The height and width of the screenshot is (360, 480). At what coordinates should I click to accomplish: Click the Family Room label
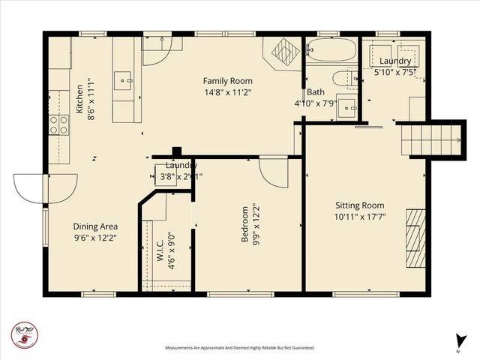[x=228, y=81]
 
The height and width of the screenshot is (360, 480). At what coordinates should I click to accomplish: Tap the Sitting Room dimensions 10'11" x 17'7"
[x=359, y=217]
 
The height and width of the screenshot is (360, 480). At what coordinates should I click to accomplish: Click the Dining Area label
[x=94, y=226]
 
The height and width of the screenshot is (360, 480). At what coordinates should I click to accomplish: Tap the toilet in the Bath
[x=343, y=77]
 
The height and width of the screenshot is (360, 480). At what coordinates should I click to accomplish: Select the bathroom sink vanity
[x=346, y=106]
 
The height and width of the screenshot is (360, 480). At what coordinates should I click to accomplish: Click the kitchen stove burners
[x=58, y=124]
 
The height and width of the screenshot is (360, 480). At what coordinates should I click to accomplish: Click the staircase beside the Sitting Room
[x=430, y=139]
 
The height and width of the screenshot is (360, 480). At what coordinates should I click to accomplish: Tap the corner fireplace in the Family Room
[x=283, y=52]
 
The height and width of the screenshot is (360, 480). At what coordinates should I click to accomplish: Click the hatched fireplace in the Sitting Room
[x=415, y=237]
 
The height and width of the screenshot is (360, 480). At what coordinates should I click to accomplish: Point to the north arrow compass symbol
[x=458, y=342]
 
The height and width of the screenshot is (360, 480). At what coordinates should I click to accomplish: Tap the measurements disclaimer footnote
[x=239, y=348]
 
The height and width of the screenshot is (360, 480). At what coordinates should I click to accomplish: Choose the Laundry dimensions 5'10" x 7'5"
[x=394, y=72]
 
